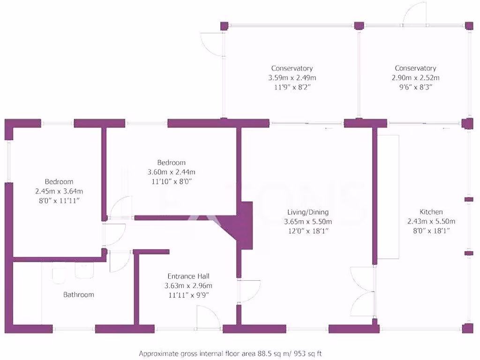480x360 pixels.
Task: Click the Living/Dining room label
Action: coord(308,212)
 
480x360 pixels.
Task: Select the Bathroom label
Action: coord(79,294)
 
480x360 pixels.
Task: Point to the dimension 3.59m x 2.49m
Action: coord(292,78)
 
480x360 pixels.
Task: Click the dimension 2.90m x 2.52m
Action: coord(415,78)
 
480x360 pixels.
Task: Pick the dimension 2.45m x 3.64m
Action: coord(59,191)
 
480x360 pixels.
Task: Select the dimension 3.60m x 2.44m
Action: coord(172,172)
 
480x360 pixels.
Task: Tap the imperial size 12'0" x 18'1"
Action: coord(308,231)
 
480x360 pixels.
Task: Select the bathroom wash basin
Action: coord(85,271)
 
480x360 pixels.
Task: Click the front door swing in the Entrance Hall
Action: coord(209,317)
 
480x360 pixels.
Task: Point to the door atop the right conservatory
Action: coord(415,12)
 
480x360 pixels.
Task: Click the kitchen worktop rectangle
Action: coord(388,197)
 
